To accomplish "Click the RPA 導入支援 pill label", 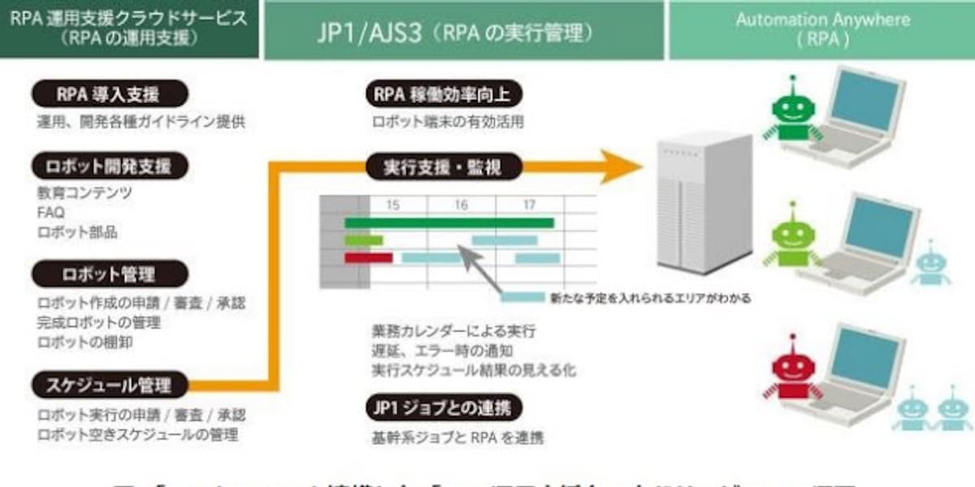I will [107, 93].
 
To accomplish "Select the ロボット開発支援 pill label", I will [109, 166].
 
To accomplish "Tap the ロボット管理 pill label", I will [109, 274].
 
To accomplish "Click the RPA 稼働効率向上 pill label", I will [443, 94].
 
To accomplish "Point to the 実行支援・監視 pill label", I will [443, 167].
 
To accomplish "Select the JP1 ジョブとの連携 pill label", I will [443, 407].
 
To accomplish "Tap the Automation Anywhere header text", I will [823, 20].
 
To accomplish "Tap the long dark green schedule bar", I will [448, 222].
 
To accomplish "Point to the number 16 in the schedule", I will [461, 205].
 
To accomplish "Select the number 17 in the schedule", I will [529, 205].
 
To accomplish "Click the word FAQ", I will [50, 213].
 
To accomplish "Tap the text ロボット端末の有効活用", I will [448, 123].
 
